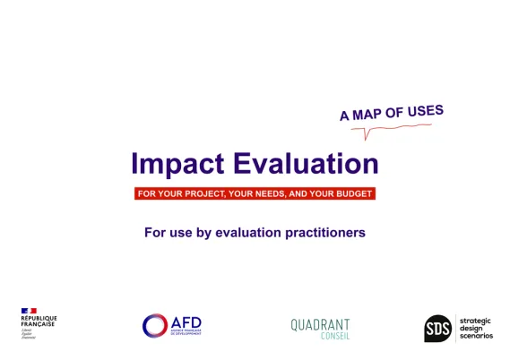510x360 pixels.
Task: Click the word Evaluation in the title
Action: tap(305, 164)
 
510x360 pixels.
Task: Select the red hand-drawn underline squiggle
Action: tap(394, 131)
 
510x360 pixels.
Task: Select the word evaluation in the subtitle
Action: tap(249, 233)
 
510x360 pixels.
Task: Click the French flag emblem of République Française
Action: tap(29, 311)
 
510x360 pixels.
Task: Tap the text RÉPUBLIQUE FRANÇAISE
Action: tap(39, 321)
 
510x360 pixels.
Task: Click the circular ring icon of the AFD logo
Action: tap(155, 325)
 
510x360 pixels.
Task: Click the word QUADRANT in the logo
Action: tap(320, 324)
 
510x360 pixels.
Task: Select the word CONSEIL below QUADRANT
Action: tap(334, 337)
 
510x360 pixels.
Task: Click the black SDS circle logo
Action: tap(437, 328)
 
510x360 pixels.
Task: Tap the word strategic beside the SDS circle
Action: tap(475, 320)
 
